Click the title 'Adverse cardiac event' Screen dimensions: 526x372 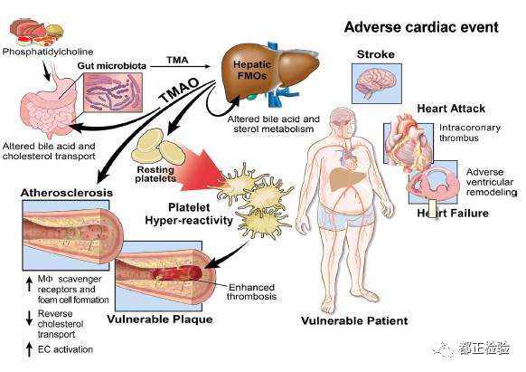(421, 27)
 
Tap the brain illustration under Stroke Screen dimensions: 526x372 (376, 82)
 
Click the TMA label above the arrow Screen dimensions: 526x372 (177, 60)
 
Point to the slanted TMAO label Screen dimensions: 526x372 (179, 91)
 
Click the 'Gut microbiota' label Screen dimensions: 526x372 (112, 66)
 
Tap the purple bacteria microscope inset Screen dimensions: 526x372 (113, 92)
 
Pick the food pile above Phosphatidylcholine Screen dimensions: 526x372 (36, 32)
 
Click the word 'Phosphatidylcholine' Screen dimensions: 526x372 (48, 52)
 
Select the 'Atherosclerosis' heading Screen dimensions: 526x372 (66, 193)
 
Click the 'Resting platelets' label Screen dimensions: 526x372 (155, 174)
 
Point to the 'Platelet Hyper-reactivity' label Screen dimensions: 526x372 (189, 215)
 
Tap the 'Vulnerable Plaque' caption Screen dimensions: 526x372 (160, 319)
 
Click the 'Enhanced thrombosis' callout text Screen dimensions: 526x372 (251, 291)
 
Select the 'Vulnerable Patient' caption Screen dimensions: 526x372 (354, 320)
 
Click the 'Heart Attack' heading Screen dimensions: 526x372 (451, 109)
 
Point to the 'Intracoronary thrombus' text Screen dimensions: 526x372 (470, 133)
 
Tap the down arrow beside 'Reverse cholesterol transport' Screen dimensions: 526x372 (30, 318)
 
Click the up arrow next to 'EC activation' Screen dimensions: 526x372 (30, 349)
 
